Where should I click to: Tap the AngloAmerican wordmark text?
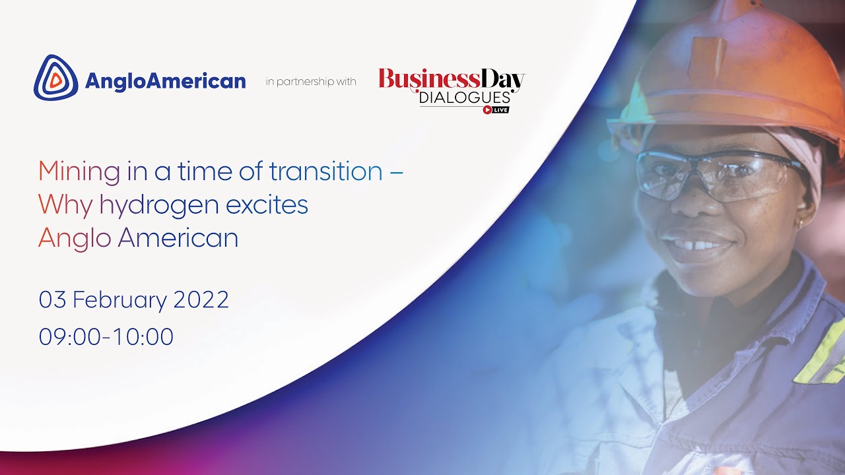coord(165,82)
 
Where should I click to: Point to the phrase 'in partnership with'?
coord(310,82)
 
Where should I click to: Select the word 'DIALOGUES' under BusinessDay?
coord(465,98)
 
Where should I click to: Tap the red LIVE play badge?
coord(496,110)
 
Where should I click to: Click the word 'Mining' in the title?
coord(79,172)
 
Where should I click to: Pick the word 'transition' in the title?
coord(325,172)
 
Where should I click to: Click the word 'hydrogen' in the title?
coord(159,205)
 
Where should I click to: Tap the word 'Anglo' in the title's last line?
coord(75,238)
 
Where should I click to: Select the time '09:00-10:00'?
coord(106,336)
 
